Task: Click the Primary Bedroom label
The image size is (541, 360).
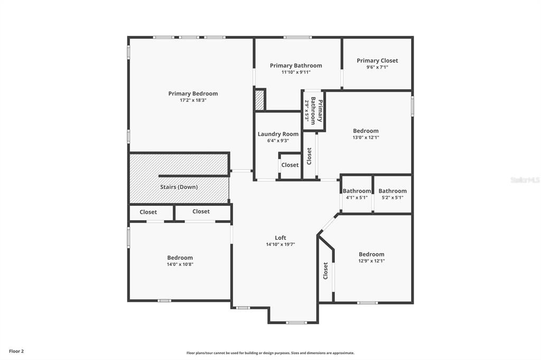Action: click(193, 93)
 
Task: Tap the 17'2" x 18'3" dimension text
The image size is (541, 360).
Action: click(193, 100)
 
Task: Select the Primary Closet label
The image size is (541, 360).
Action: click(377, 61)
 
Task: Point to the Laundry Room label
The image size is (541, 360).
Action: click(278, 134)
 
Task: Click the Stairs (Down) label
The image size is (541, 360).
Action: click(179, 187)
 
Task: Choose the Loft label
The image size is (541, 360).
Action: click(280, 238)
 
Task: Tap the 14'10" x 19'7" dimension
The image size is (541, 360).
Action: click(280, 244)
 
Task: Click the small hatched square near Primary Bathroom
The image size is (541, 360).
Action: click(260, 100)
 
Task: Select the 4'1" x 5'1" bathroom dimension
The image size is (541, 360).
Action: click(357, 197)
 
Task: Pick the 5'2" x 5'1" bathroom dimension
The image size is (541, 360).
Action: click(393, 197)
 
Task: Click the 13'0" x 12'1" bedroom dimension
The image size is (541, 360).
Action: click(366, 137)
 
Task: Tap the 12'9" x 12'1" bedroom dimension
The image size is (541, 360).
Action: click(371, 261)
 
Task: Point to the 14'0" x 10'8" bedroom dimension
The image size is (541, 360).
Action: click(180, 264)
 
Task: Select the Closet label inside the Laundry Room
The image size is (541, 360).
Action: click(290, 165)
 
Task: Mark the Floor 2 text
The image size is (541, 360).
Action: click(16, 352)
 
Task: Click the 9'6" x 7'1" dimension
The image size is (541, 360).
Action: click(377, 67)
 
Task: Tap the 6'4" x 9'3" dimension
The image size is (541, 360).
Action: click(278, 141)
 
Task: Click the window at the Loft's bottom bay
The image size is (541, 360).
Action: click(296, 323)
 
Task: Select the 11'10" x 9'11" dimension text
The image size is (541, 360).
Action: click(296, 72)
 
